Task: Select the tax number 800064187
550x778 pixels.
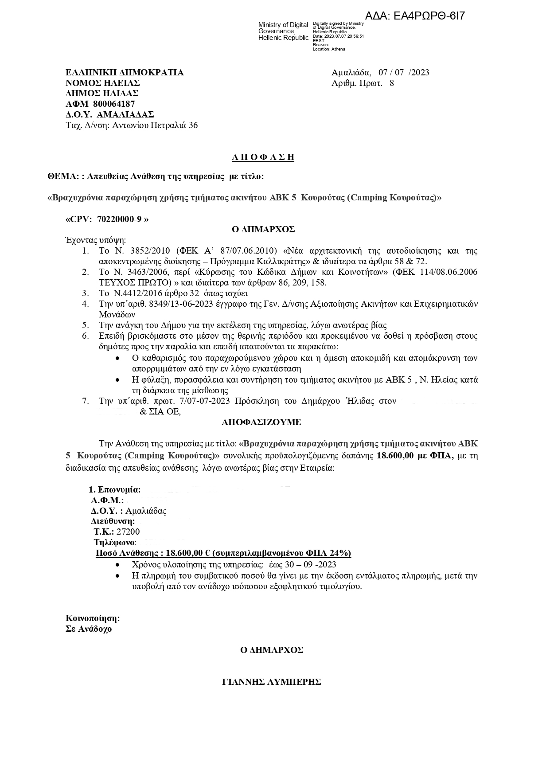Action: click(x=114, y=104)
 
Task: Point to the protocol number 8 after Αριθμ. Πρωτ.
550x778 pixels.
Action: click(x=391, y=83)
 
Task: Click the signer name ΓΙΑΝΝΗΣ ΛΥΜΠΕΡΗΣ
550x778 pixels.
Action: click(x=271, y=682)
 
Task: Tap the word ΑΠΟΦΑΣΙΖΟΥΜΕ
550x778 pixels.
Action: click(x=261, y=422)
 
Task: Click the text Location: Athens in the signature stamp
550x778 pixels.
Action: click(x=329, y=49)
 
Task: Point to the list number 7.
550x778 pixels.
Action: click(x=86, y=401)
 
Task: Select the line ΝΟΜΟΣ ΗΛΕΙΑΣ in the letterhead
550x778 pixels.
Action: click(x=103, y=83)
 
